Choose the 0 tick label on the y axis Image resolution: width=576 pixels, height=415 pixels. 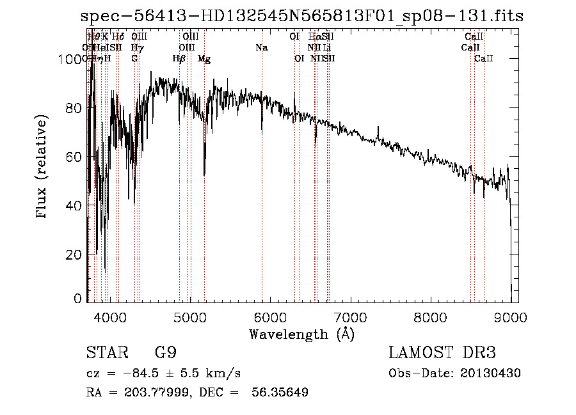tap(77, 298)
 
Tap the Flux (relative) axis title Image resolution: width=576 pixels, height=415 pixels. tap(43, 168)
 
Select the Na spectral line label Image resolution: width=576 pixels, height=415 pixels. tap(261, 47)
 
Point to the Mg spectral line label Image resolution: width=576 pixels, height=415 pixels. tap(204, 59)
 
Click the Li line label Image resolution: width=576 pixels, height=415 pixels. tap(326, 47)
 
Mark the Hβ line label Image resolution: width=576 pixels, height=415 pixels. tap(179, 59)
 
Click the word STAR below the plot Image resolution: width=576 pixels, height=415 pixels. tap(104, 353)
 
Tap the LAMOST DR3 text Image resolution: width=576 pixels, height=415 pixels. tap(442, 353)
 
